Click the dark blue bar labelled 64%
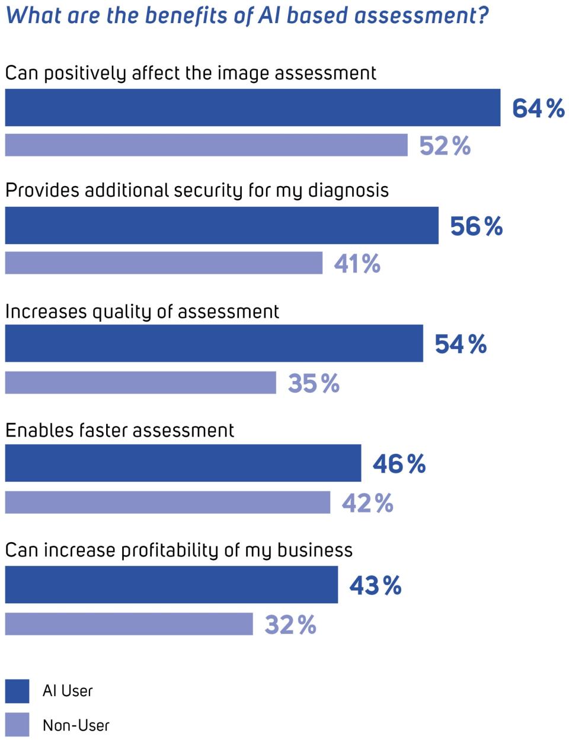pos(252,108)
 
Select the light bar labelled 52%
pos(206,145)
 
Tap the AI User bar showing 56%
pos(222,225)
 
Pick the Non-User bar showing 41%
pos(164,262)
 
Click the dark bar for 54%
pos(214,343)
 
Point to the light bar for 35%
pos(140,383)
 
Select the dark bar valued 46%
pos(183,463)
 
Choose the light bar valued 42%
pos(167,502)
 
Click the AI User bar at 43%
pos(171,585)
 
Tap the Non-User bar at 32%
pos(129,624)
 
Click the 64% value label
pos(538,108)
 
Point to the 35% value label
pos(314,384)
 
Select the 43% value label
pos(375,585)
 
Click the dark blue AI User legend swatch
pos(17,691)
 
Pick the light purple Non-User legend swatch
pos(17,725)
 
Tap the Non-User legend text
pos(76,725)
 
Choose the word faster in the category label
pos(104,430)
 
